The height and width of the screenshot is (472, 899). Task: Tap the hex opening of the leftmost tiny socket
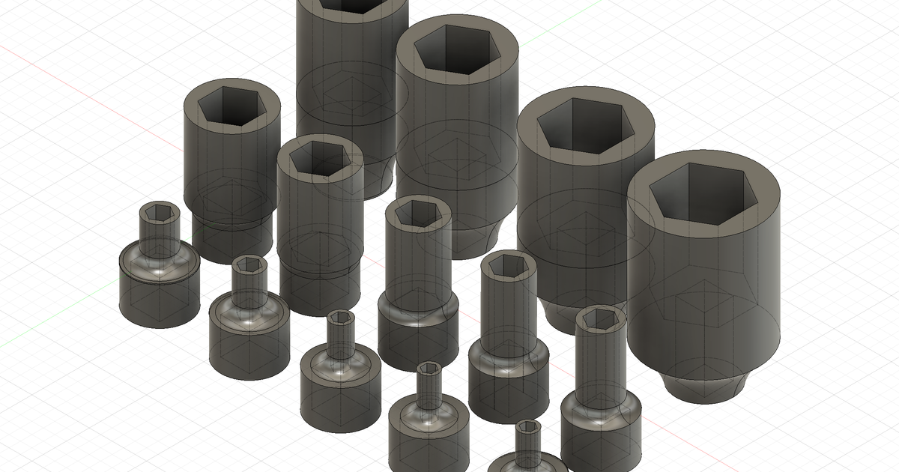coord(160,214)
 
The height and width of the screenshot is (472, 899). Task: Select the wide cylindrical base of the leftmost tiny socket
coord(159,300)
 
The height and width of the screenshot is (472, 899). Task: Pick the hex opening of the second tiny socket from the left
coord(249,265)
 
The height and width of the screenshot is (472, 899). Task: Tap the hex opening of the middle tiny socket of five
coord(342,319)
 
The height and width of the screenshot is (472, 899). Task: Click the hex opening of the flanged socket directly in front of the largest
coord(600,320)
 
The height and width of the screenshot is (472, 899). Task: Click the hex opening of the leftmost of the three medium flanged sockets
coord(417,211)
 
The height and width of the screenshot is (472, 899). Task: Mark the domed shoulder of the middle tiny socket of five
coord(342,367)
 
